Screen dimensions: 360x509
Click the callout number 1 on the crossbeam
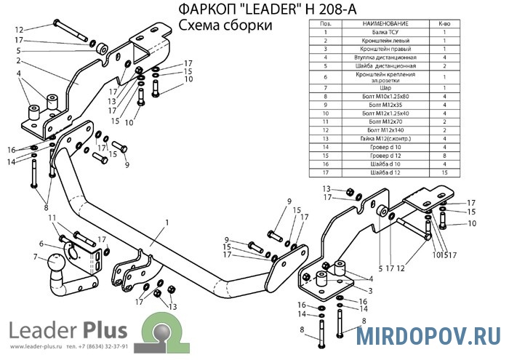(x=167, y=222)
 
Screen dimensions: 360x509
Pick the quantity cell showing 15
(x=444, y=174)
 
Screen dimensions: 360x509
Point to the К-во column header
(x=444, y=24)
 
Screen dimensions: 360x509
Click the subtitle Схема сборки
(x=221, y=25)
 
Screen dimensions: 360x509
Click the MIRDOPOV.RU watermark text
(x=427, y=337)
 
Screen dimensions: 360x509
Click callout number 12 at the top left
(x=18, y=30)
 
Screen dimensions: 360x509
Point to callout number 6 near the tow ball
(x=41, y=244)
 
